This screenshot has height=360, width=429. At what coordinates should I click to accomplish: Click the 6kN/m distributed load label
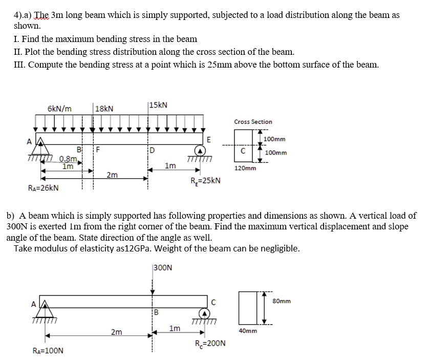[x=60, y=109]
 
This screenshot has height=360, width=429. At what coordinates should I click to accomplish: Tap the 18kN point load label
[x=105, y=109]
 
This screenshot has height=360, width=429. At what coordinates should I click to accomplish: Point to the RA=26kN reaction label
[x=42, y=187]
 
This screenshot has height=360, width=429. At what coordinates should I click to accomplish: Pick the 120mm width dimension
[x=245, y=168]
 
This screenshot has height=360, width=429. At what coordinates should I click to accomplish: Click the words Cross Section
[x=253, y=122]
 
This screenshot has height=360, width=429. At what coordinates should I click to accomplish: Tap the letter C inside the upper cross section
[x=244, y=151]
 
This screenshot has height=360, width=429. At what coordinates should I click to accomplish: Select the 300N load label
[x=163, y=267]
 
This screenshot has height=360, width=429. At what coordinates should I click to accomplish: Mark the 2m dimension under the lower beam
[x=117, y=332]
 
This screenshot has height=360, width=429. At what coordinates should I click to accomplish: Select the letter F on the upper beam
[x=98, y=150]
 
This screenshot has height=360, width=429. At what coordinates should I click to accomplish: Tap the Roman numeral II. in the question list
[x=19, y=52]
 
